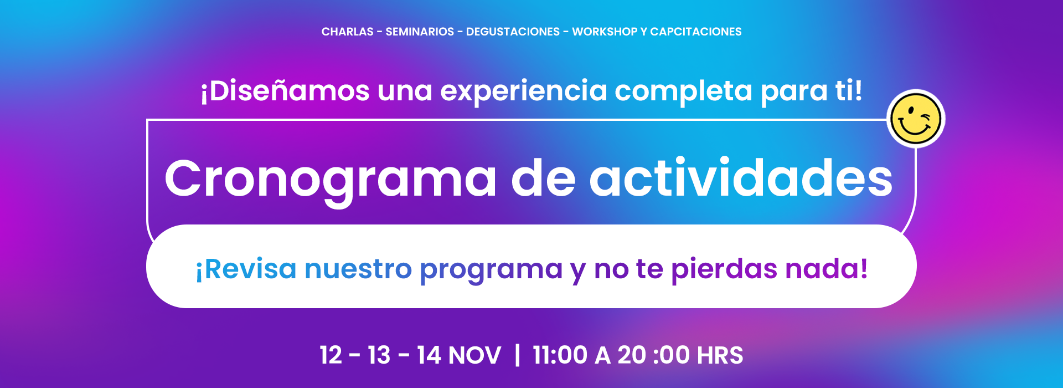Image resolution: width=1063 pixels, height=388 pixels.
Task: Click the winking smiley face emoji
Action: [916, 119]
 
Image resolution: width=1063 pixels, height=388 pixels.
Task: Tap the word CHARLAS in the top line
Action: [348, 32]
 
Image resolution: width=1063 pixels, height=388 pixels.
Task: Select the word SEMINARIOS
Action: [420, 32]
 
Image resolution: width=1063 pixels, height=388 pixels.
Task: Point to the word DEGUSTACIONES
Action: [513, 32]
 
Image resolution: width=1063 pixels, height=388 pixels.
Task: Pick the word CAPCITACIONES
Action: [696, 32]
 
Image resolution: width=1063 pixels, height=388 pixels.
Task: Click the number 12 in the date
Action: [331, 355]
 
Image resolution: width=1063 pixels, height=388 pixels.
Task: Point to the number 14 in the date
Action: [429, 355]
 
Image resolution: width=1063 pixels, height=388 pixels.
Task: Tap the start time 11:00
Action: [560, 355]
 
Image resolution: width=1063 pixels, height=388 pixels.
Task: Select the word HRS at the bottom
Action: [720, 355]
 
